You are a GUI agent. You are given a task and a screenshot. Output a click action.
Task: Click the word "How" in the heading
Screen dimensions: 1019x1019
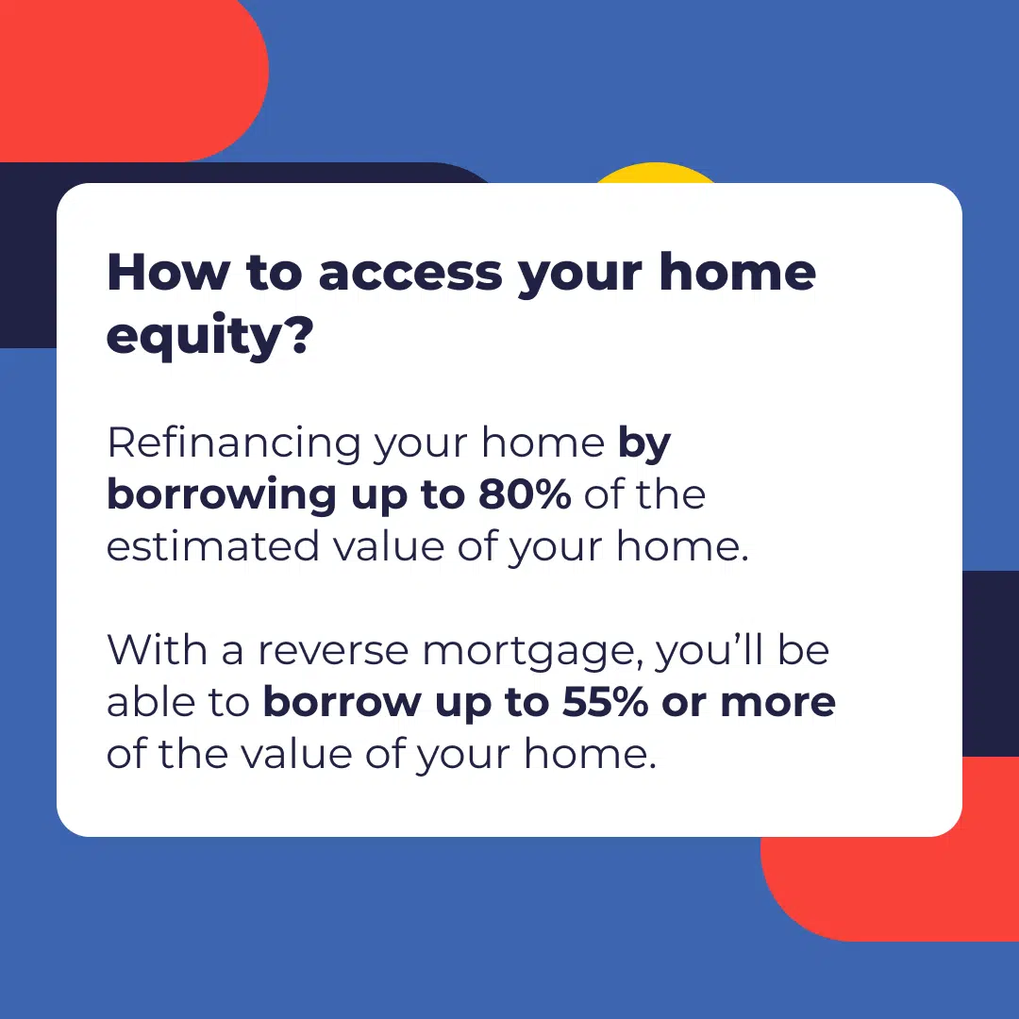tap(168, 272)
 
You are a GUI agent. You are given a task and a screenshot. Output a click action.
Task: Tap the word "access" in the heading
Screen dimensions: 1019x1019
tap(410, 274)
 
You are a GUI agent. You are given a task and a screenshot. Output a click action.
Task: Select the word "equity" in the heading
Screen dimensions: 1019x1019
tap(193, 337)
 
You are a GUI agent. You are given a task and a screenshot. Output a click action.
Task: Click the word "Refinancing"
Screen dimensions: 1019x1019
tap(234, 443)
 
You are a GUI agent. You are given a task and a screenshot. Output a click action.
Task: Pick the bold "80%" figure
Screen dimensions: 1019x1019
tap(525, 494)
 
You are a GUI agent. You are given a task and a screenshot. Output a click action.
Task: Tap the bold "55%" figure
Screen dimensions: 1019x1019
tap(605, 703)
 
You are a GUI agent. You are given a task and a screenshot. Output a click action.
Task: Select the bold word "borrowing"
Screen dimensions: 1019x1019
tap(222, 496)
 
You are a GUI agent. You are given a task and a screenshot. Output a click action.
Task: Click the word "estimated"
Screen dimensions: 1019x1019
tap(212, 546)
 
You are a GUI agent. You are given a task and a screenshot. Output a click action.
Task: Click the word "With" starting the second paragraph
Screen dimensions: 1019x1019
tap(157, 649)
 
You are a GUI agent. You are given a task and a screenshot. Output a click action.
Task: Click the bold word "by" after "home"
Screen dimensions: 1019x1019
tap(644, 444)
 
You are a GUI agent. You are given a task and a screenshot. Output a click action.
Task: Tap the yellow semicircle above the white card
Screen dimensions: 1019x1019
tap(655, 174)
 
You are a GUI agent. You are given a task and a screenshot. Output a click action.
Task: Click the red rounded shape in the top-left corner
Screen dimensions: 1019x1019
tap(130, 78)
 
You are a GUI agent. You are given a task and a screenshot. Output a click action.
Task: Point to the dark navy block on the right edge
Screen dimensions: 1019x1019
tap(991, 663)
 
